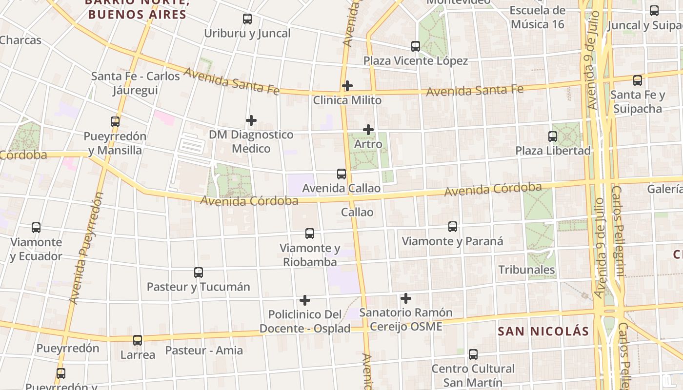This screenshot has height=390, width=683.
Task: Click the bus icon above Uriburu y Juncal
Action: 247,19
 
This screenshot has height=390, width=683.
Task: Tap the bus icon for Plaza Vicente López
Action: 416,46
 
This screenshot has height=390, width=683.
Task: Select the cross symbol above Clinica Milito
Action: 347,86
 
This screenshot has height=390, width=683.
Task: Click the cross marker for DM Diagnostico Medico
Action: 251,120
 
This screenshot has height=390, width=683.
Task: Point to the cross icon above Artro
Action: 368,130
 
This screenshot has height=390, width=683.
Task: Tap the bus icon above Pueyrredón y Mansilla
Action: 115,122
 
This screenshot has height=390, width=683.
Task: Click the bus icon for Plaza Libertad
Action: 553,136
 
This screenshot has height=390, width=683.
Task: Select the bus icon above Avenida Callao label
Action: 341,174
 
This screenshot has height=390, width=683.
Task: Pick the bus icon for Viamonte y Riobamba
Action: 310,234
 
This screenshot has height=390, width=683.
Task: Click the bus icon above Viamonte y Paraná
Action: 453,227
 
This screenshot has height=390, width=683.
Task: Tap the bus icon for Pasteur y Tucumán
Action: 199,273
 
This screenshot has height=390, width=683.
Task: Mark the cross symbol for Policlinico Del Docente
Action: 305,300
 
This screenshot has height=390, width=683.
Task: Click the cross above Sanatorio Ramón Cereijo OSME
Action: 405,298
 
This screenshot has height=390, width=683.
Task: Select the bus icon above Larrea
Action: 138,340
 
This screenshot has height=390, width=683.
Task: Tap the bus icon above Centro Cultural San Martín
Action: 473,354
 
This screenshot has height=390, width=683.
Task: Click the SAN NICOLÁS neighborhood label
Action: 543,331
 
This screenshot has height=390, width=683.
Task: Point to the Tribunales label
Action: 526,270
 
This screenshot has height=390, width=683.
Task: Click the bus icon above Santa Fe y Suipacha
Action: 638,80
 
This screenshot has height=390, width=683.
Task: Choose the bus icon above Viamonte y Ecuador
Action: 36,228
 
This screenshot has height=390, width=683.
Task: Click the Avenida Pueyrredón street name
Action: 87,249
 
